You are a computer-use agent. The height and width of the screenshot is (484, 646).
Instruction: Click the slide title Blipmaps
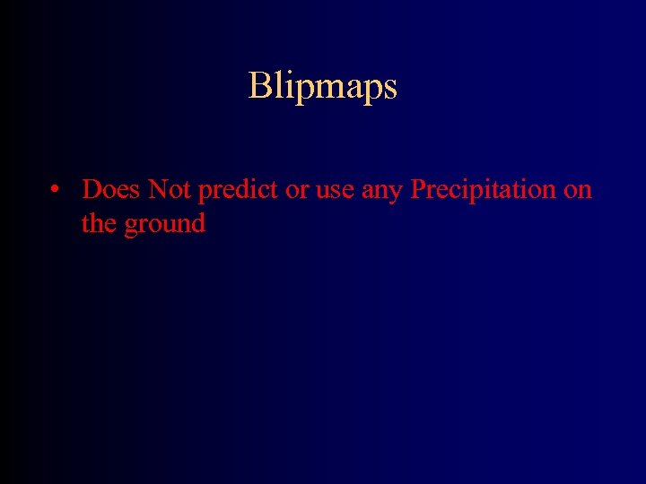click(x=322, y=87)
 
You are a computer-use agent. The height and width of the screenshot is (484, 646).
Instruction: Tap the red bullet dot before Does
click(x=56, y=190)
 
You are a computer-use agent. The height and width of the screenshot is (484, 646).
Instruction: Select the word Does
click(x=111, y=189)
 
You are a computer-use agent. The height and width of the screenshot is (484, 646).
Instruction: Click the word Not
click(x=169, y=189)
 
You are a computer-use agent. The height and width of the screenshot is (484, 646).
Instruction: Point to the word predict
click(x=238, y=190)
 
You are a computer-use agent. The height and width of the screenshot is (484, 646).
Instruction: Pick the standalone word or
click(x=297, y=191)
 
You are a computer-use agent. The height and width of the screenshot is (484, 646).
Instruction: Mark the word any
click(x=383, y=191)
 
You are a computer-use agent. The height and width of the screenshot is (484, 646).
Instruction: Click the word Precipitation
click(x=484, y=190)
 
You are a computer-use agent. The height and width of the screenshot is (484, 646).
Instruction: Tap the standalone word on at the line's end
click(x=579, y=191)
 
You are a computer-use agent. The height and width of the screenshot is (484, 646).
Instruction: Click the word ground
click(x=165, y=224)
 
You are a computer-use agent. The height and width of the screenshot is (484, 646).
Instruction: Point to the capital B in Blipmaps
click(x=259, y=86)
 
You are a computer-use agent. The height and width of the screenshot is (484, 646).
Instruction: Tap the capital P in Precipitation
click(x=419, y=189)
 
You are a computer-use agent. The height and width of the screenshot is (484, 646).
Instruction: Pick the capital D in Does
click(x=92, y=189)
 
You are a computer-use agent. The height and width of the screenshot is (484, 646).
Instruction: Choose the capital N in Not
click(x=156, y=189)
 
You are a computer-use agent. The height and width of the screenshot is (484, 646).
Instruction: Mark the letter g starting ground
click(x=131, y=226)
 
